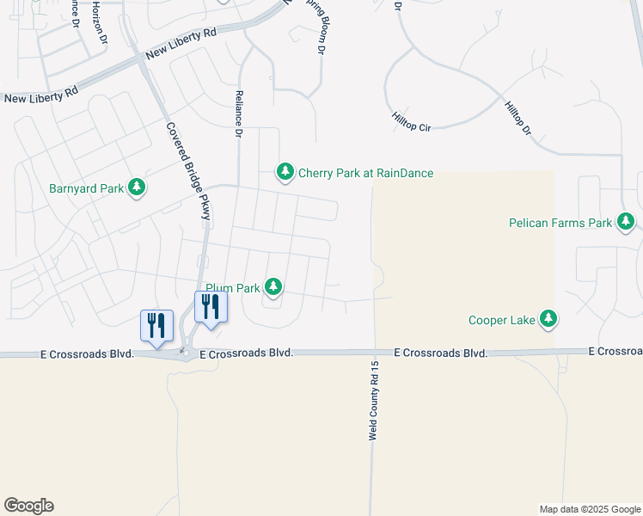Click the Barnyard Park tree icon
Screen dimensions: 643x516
(x=136, y=187)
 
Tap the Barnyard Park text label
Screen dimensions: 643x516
(x=87, y=187)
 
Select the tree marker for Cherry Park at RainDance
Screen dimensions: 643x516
(x=285, y=172)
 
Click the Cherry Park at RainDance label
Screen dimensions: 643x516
(x=365, y=173)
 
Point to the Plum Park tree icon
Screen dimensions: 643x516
(x=273, y=286)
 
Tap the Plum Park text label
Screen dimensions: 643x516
(x=231, y=289)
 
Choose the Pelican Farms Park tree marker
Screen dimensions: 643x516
(x=626, y=223)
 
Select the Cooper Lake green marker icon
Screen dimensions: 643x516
(x=548, y=320)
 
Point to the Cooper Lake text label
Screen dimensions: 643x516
(x=501, y=321)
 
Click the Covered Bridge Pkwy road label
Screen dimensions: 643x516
(x=187, y=170)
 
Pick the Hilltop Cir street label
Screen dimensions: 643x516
(x=410, y=120)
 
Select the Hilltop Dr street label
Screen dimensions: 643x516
(x=518, y=121)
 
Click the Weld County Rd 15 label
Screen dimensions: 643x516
(x=374, y=401)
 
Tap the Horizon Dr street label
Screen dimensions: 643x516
(x=101, y=21)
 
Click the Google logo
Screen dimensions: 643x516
(x=28, y=506)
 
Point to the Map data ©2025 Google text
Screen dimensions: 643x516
(x=590, y=509)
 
